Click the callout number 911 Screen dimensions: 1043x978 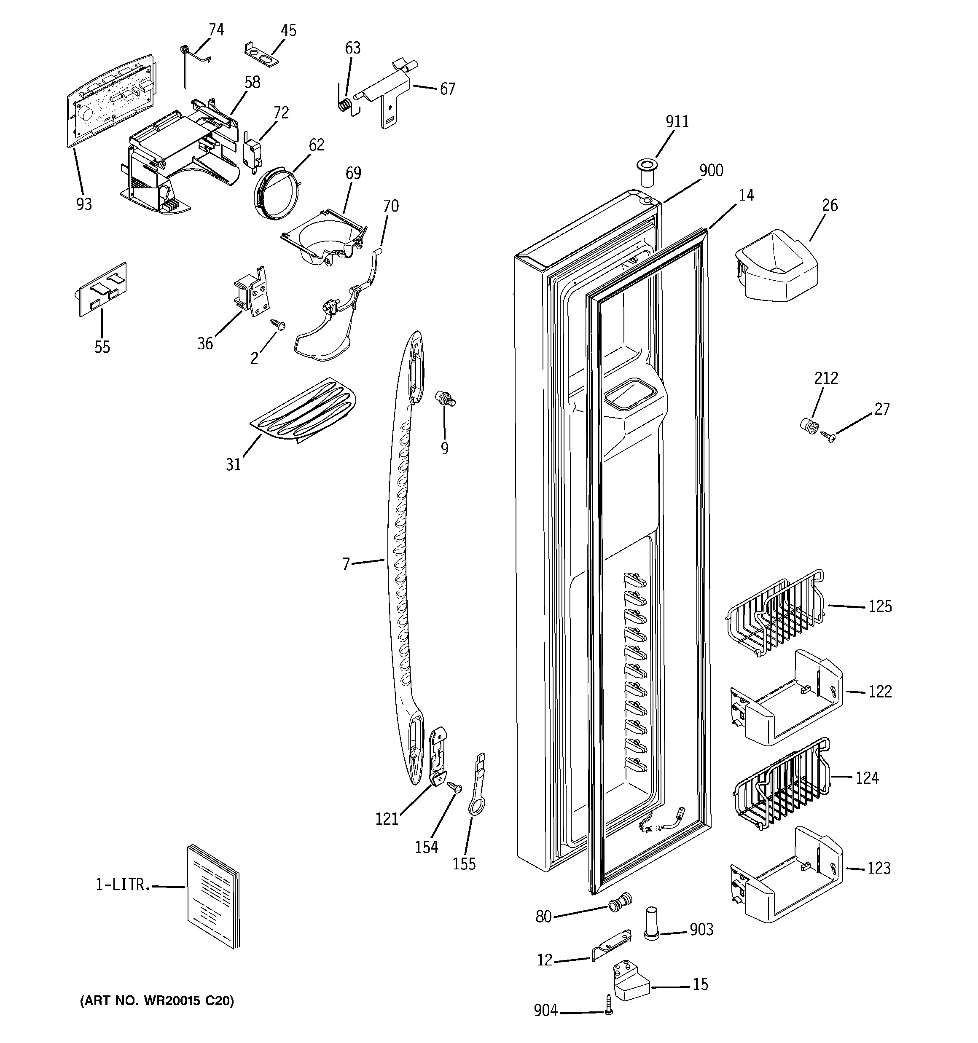(677, 122)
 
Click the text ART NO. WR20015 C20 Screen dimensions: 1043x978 (157, 1001)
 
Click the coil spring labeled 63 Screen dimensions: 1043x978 (344, 105)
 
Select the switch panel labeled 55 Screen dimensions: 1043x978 (103, 290)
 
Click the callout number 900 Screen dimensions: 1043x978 (711, 171)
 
